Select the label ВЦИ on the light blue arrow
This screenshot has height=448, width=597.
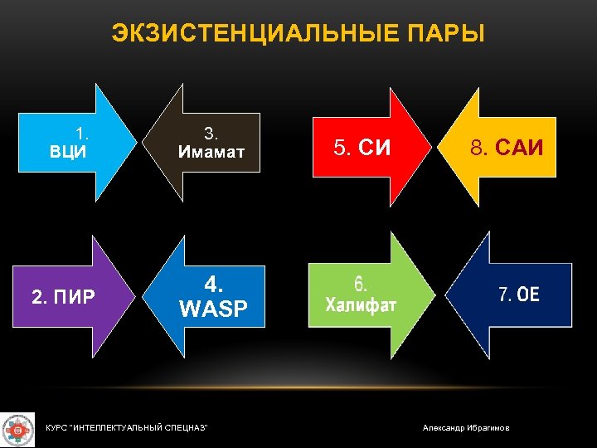69,152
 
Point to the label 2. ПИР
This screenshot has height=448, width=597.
62,295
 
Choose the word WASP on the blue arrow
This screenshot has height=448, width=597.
213,309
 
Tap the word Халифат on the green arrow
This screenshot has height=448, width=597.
361,304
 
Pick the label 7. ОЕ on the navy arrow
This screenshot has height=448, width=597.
518,295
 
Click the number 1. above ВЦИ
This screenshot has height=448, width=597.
82,133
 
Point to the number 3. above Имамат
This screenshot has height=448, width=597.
211,133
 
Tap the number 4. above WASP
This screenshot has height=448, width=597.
213,285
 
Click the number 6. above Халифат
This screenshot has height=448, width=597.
361,284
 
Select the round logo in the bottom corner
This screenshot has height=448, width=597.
17,429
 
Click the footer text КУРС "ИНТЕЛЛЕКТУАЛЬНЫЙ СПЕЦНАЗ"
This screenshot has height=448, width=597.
126,427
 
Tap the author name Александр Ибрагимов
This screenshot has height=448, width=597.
466,427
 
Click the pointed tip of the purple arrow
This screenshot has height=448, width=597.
136,296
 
